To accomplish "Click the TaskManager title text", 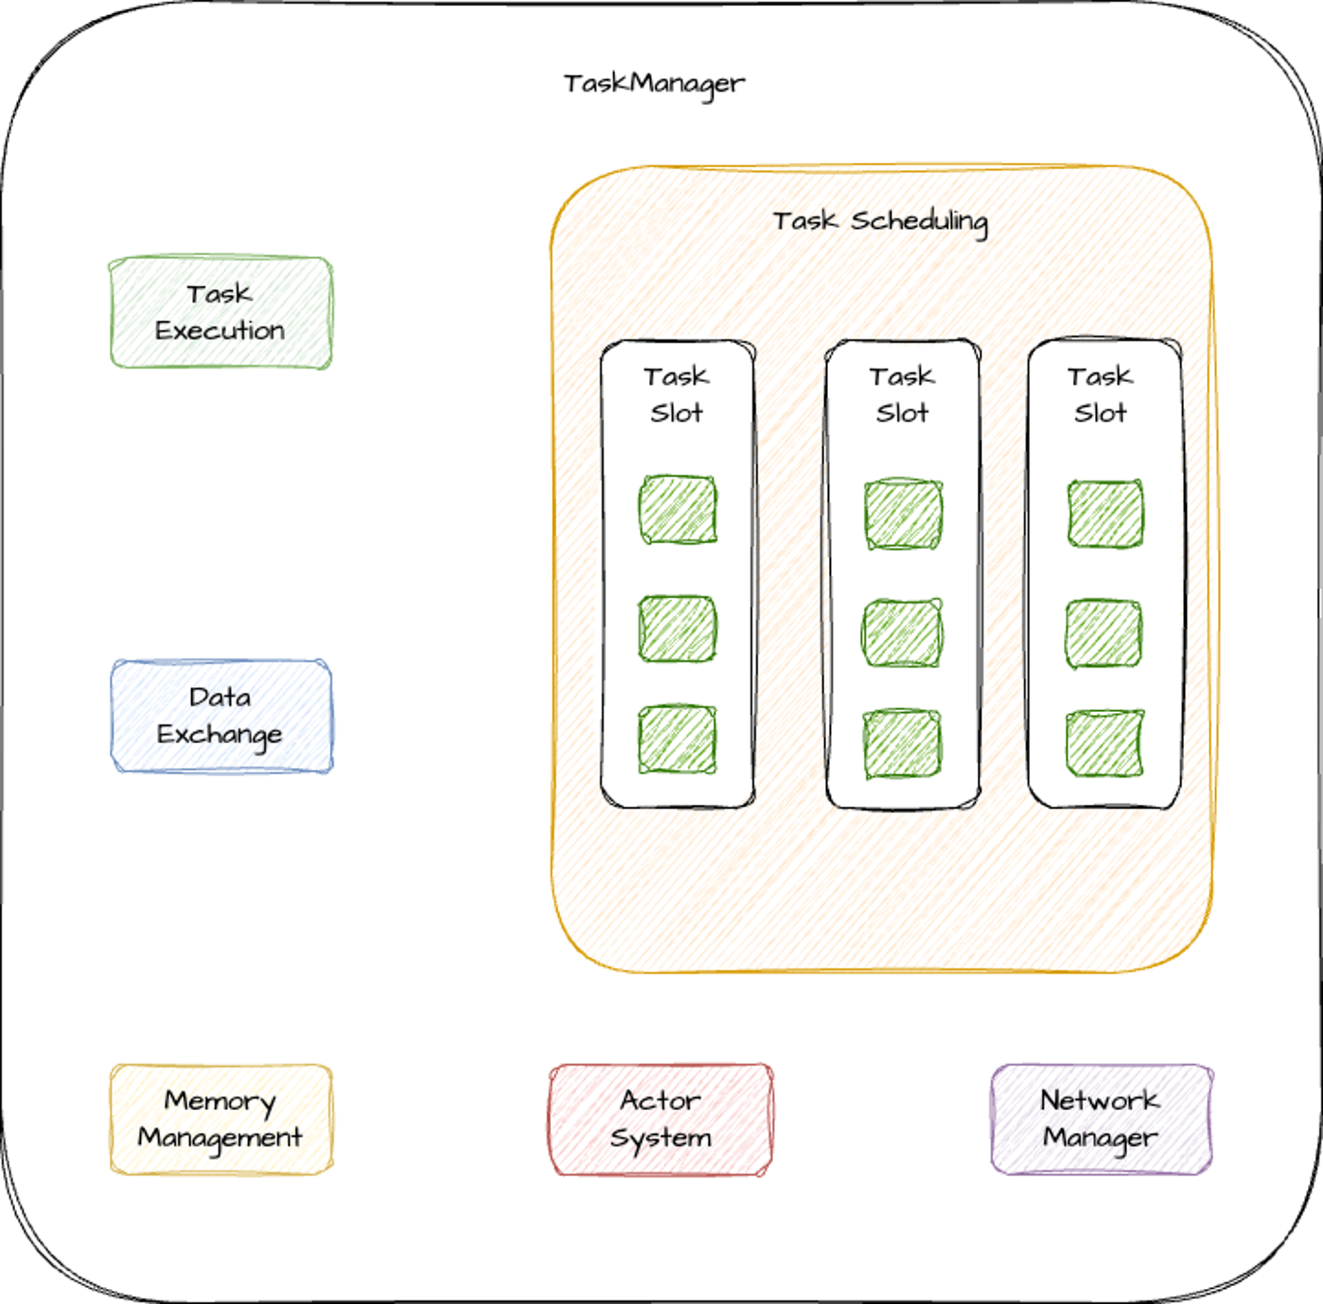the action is pos(654,84).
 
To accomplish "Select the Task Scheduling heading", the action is pos(880,222).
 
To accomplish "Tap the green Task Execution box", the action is pos(220,313).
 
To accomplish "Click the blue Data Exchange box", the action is pos(221,716).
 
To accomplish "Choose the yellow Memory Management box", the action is pos(221,1120).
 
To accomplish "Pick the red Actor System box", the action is pos(661,1120).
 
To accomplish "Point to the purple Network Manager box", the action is pos(1102,1120).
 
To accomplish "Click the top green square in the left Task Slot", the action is pos(678,510).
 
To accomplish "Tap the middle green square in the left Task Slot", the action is pos(678,629).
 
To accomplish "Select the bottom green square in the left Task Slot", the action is pos(678,740).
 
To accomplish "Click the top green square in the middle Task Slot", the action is pos(903,514).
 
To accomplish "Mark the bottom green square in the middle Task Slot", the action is pos(902,744).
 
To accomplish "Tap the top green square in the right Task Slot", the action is pos(1105,514).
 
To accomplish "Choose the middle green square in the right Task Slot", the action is pos(1103,633).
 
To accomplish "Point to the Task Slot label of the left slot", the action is pos(677,395).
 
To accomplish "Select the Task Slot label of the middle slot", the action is pos(902,395).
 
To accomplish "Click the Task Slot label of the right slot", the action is pos(1101,395).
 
